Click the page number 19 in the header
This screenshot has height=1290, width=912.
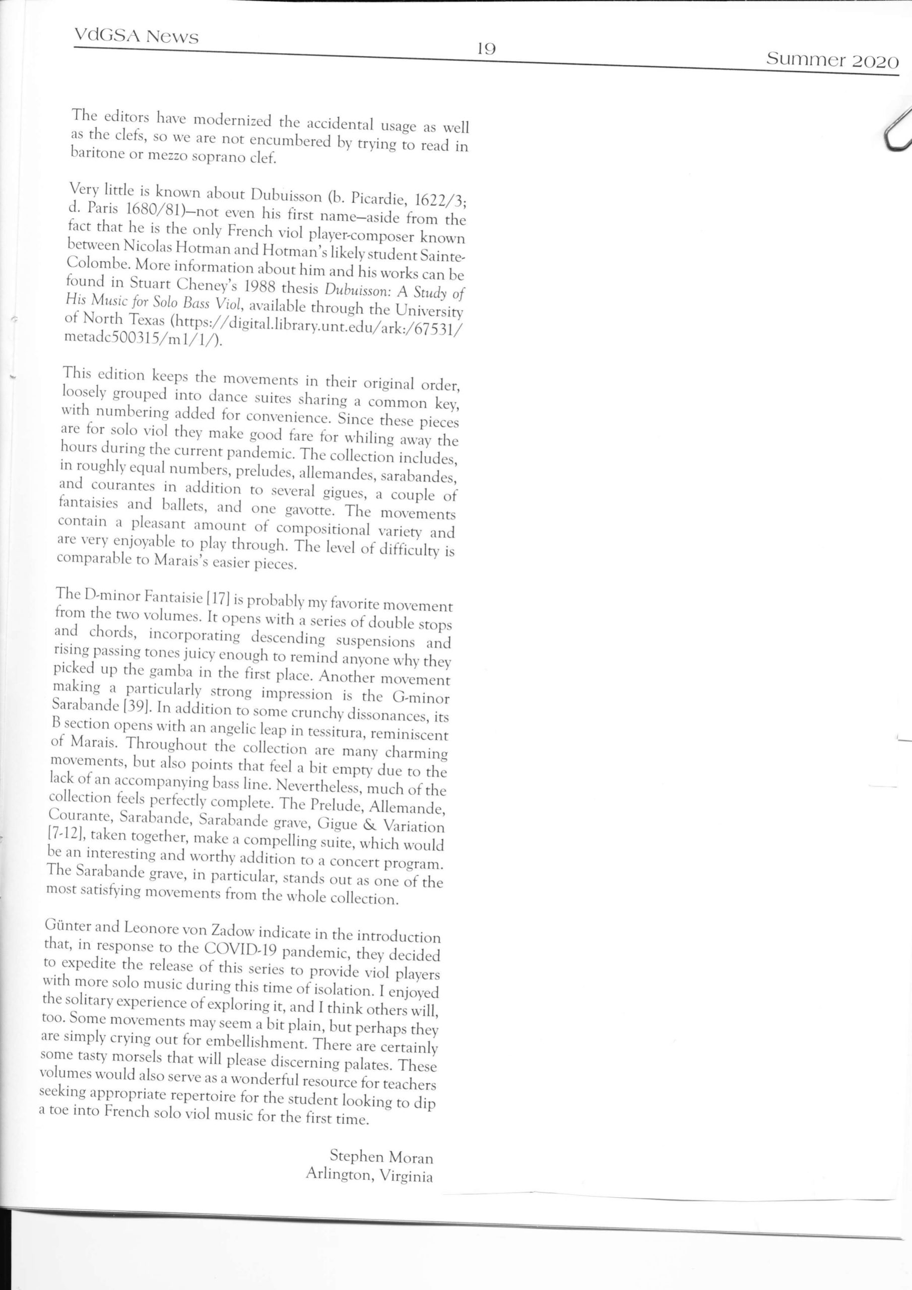tap(487, 49)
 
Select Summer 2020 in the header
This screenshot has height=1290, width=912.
tap(832, 60)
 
